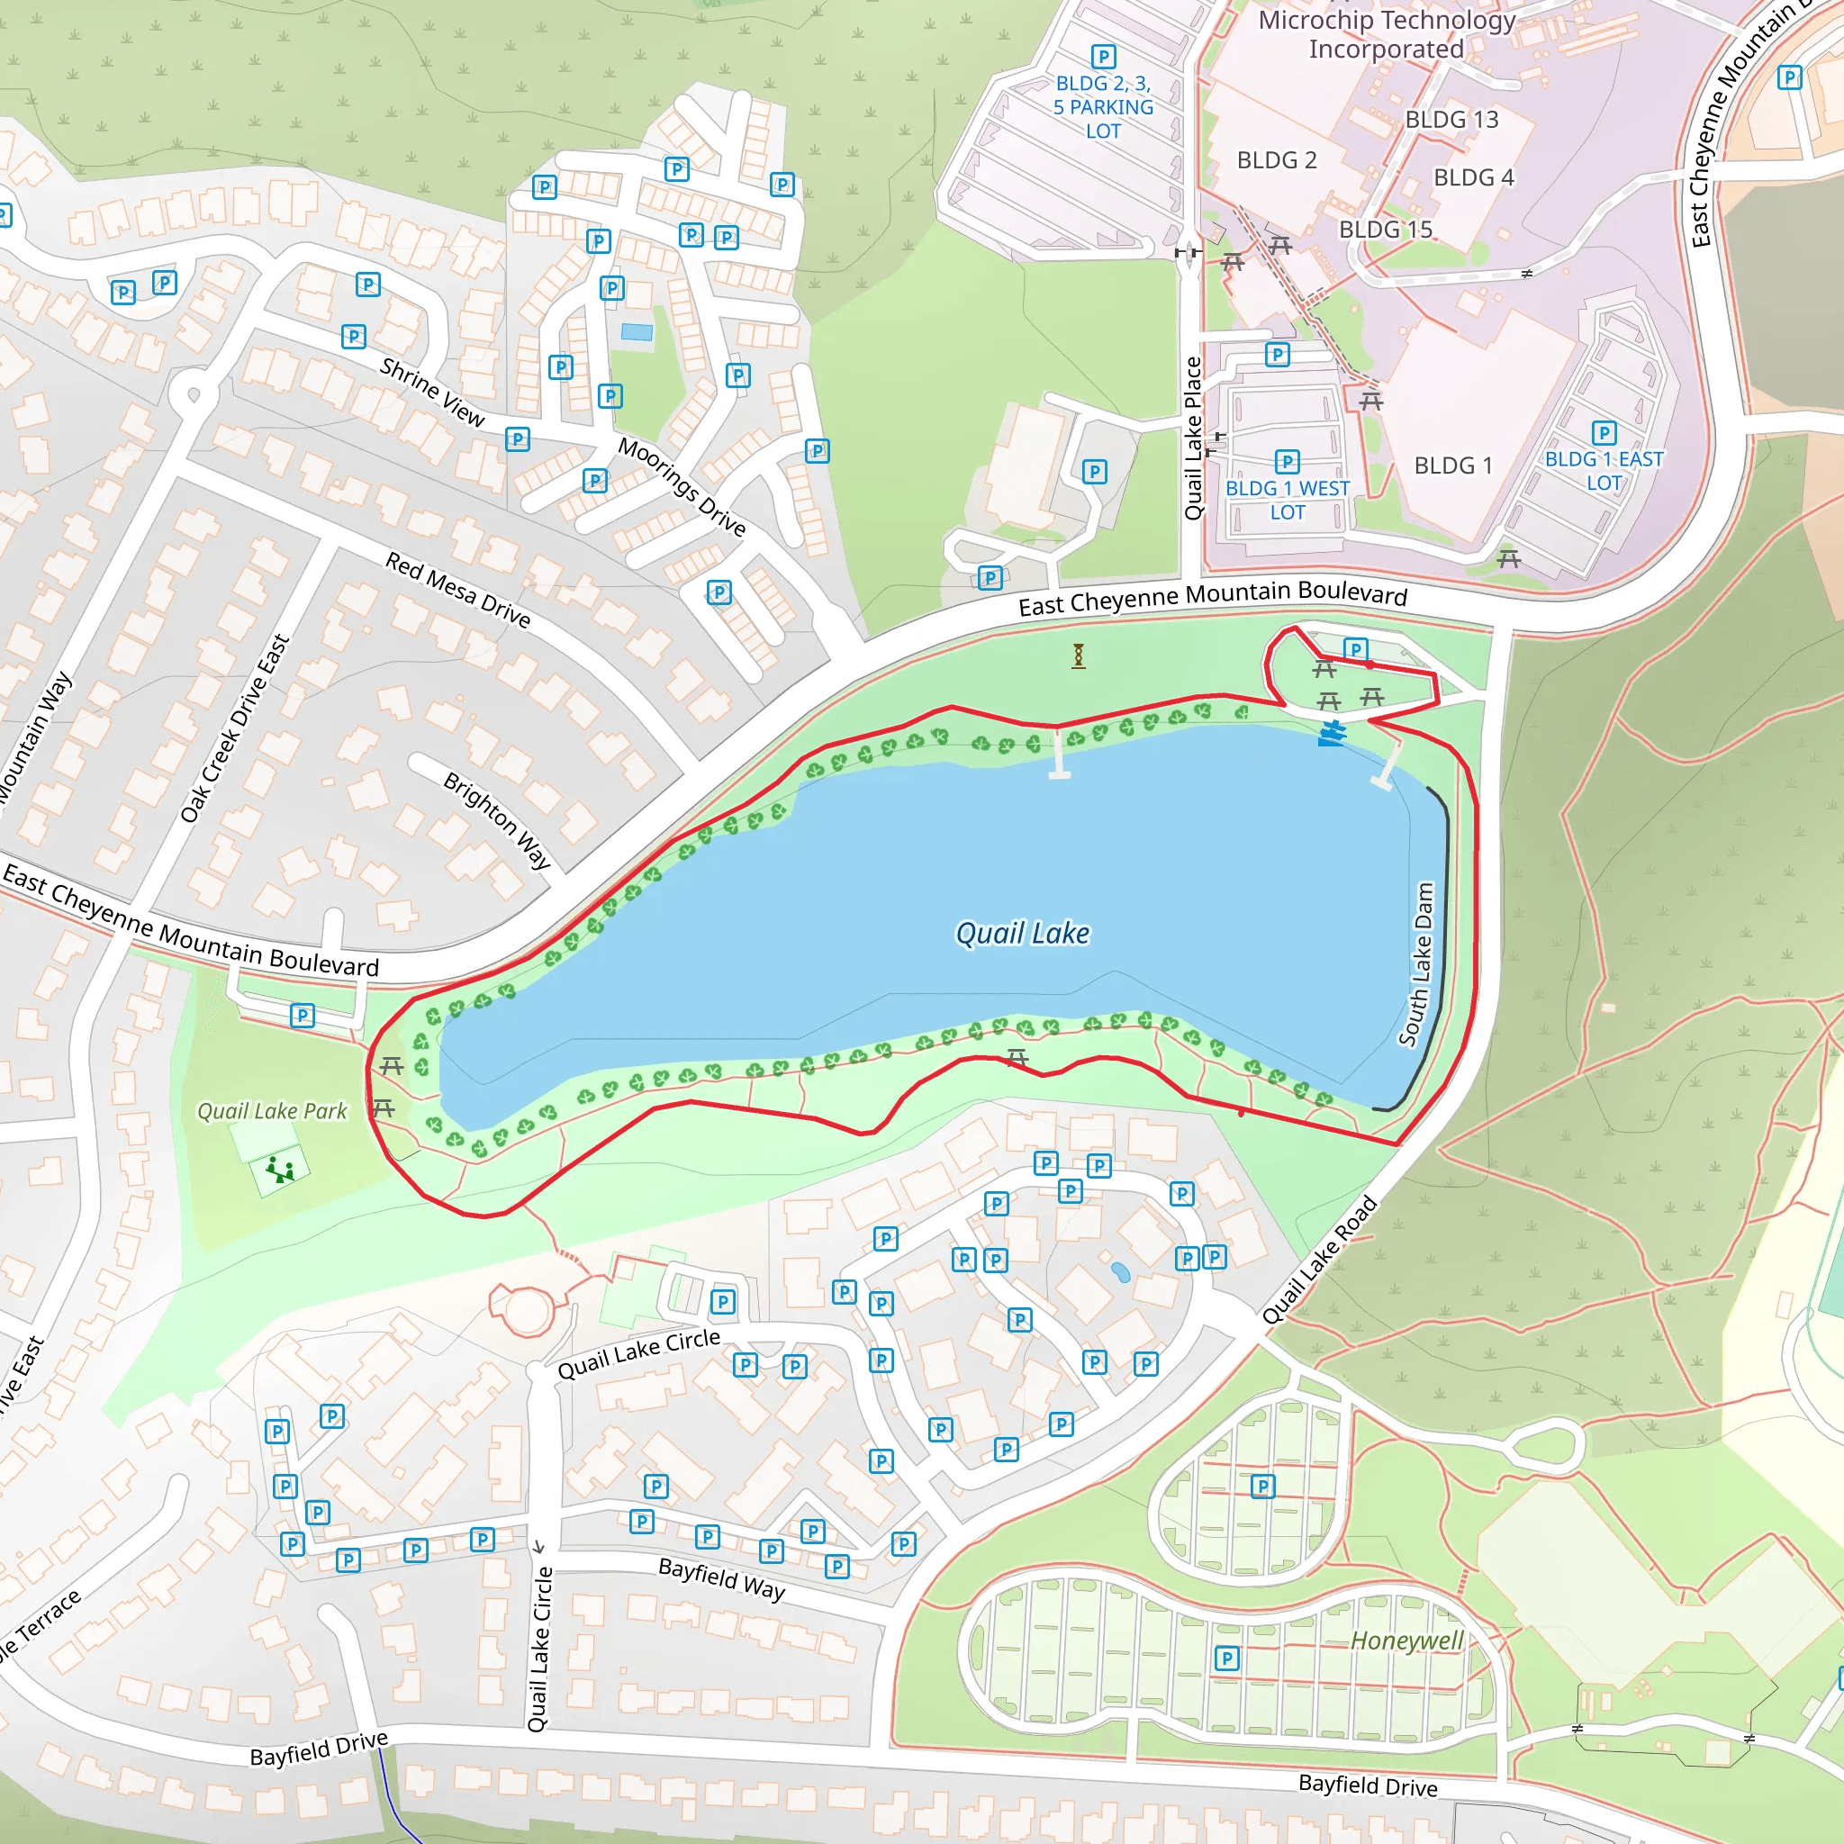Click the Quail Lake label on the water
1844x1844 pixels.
click(x=1022, y=934)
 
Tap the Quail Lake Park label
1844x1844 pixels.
click(x=272, y=1111)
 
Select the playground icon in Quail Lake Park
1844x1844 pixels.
click(x=280, y=1170)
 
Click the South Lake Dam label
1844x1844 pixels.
click(x=1417, y=964)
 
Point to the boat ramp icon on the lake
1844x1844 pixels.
click(x=1333, y=733)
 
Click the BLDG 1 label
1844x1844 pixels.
click(x=1452, y=466)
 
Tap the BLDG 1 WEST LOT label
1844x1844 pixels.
click(x=1288, y=500)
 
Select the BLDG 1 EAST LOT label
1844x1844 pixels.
click(x=1604, y=471)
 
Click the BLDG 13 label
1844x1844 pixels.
click(x=1451, y=120)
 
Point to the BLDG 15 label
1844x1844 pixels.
click(x=1385, y=229)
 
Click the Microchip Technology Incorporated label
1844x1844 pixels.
click(x=1387, y=34)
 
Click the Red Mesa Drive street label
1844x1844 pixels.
click(x=458, y=589)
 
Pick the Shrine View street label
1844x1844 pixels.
click(x=432, y=392)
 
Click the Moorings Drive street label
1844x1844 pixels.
click(x=682, y=487)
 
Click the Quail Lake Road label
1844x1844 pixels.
click(x=1320, y=1260)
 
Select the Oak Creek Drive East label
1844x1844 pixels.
click(x=235, y=728)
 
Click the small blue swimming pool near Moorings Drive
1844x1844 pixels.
click(x=637, y=332)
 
